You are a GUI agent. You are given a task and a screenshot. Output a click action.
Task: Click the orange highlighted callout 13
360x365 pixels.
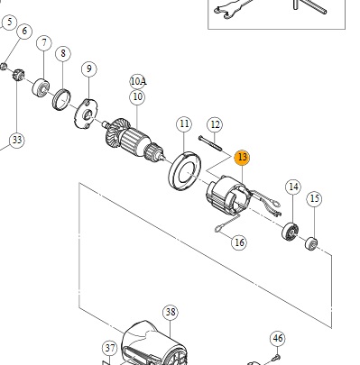(242, 158)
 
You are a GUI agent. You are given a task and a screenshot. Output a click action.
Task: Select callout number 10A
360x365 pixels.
(138, 81)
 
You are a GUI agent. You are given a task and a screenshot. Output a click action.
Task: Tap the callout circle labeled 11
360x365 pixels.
(184, 124)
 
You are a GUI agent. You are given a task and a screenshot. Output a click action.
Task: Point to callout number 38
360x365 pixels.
(171, 313)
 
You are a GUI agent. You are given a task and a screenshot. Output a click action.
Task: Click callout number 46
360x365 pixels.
(277, 339)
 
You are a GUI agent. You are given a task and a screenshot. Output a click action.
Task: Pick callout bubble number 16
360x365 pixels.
(239, 242)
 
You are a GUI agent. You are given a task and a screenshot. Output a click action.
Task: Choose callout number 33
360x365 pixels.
(17, 140)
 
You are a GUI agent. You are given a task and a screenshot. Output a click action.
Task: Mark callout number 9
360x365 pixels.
(89, 68)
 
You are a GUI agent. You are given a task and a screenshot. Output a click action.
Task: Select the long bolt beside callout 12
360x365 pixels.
(210, 143)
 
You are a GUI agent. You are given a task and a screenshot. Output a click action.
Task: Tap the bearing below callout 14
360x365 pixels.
(291, 233)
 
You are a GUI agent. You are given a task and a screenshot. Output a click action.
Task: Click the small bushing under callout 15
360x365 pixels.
(311, 243)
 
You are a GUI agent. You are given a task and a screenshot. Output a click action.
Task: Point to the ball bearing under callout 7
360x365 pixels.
(41, 87)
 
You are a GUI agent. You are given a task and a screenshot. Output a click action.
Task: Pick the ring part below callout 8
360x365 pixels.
(62, 100)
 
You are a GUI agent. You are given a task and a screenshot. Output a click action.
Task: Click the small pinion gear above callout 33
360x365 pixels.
(18, 75)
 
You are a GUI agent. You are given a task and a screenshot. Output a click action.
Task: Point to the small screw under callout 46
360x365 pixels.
(275, 358)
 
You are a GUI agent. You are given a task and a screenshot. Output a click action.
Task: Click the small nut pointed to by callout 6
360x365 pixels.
(4, 67)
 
